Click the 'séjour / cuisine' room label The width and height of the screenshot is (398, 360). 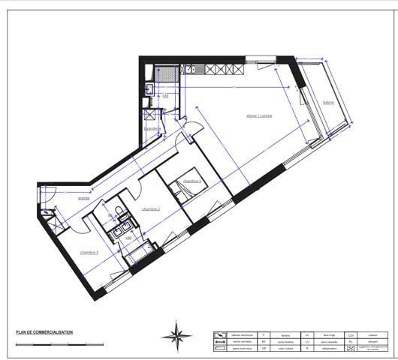pos(258,115)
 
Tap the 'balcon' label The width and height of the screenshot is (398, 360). pos(327,102)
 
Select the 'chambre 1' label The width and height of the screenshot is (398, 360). pos(191,181)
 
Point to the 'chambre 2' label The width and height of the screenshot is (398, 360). pos(150,209)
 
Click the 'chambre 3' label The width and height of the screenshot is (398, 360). pos(89,252)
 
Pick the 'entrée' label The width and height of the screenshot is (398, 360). pos(84,199)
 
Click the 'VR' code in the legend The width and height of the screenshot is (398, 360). pos(263,349)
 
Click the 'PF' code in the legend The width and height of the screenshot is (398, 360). pos(263,341)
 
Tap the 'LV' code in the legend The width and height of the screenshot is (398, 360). pos(308,341)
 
